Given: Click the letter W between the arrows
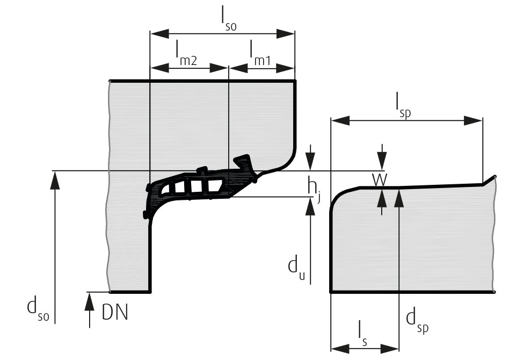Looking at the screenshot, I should click(x=381, y=180).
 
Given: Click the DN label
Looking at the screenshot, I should click(x=115, y=312).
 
